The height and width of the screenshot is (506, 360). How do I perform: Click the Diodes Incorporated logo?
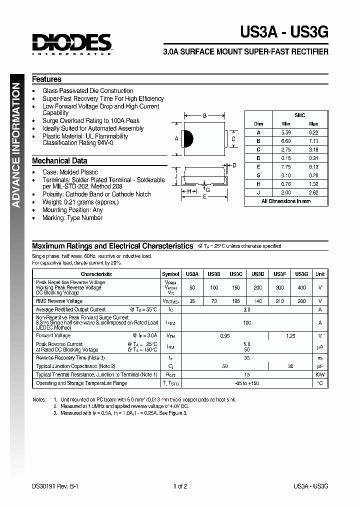tap(72, 43)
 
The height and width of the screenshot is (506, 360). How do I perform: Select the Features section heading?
tap(46, 79)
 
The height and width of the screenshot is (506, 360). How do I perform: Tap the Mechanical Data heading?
tap(59, 161)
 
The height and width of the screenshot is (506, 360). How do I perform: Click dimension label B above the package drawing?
tap(205, 116)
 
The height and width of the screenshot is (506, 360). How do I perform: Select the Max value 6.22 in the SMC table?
tap(313, 132)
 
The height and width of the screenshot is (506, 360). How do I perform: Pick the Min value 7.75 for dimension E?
tap(286, 166)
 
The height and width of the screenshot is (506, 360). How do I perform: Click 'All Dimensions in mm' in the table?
tap(286, 201)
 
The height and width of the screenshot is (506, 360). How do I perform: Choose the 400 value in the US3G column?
tap(301, 288)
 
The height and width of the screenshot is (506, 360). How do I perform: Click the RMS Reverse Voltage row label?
tap(59, 301)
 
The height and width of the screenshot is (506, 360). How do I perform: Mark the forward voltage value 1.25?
tap(290, 336)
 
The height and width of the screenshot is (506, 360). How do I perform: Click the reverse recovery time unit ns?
tap(320, 358)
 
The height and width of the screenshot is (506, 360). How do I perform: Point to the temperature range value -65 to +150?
tap(246, 383)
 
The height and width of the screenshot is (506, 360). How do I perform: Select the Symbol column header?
tap(171, 274)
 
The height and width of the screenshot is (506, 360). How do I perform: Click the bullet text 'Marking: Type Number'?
tap(72, 217)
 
